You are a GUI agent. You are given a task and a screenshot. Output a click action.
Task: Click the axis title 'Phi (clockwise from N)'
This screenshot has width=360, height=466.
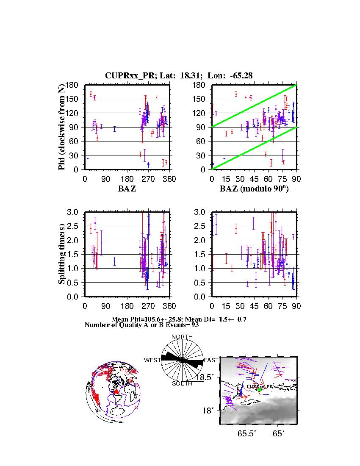coord(62,127)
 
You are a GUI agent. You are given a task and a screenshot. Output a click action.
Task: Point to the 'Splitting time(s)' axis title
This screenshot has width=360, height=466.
coord(62,254)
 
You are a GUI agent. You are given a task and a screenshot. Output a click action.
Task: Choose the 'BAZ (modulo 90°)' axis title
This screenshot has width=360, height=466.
coord(254,189)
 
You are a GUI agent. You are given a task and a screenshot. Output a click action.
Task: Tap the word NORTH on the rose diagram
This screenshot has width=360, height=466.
coord(182,337)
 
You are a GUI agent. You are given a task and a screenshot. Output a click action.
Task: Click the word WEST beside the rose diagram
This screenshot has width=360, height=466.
coord(152,360)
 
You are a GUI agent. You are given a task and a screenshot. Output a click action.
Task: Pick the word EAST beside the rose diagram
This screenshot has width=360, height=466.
coord(211,360)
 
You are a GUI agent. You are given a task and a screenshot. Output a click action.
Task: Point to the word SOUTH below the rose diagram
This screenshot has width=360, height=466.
coord(182,383)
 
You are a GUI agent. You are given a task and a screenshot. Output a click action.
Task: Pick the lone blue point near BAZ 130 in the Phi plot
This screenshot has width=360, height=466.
coord(114,129)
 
